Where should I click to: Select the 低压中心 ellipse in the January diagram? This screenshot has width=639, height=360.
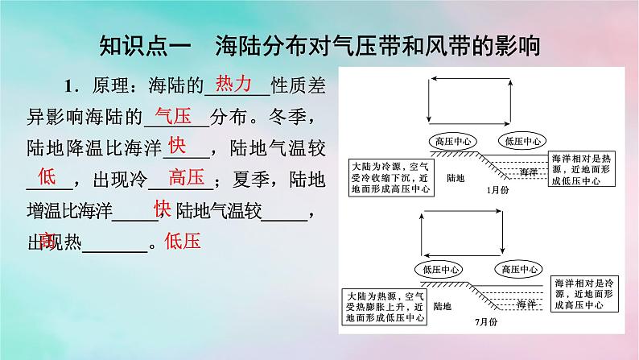[x=523, y=140]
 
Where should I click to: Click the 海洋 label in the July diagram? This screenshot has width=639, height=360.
[x=526, y=304]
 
